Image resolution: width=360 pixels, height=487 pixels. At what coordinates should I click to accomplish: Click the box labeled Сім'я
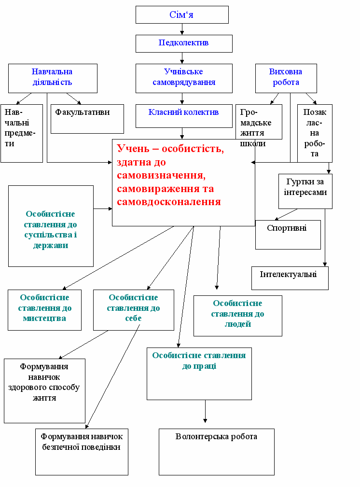click(x=182, y=14)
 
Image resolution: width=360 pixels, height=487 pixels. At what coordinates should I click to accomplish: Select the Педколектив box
click(x=183, y=43)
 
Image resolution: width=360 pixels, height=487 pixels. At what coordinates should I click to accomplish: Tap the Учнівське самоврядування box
click(x=183, y=78)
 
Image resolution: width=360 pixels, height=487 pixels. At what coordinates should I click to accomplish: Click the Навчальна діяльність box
click(x=53, y=78)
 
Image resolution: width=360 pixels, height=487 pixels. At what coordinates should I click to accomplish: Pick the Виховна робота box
click(x=286, y=78)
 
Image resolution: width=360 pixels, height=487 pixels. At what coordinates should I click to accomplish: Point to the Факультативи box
click(x=87, y=119)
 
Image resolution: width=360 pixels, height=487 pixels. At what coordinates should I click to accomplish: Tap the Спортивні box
click(x=288, y=235)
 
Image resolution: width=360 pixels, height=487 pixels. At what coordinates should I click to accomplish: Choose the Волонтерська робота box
click(x=216, y=451)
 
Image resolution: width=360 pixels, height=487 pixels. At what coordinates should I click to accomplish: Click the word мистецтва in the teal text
click(x=44, y=319)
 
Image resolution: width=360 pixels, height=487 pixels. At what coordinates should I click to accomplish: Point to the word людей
click(x=237, y=324)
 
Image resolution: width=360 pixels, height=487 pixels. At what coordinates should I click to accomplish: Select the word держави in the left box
click(x=51, y=246)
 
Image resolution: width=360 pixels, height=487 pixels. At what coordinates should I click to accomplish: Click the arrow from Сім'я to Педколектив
click(x=182, y=29)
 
